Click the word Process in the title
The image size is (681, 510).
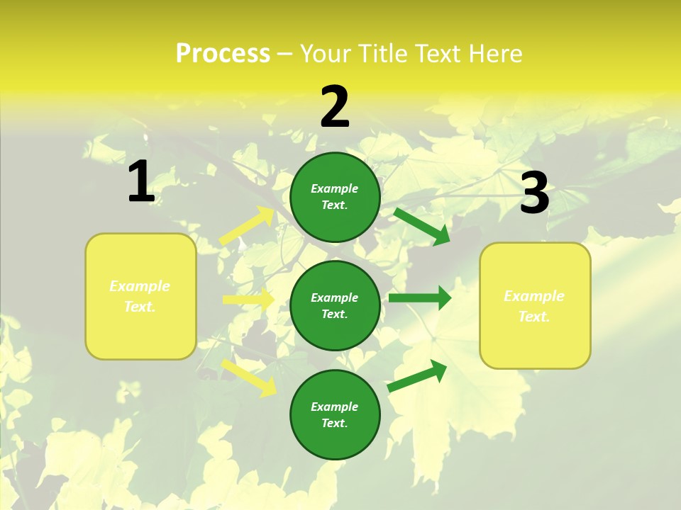pos(223,54)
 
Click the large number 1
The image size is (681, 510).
pos(141,181)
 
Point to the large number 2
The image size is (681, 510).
pos(335,107)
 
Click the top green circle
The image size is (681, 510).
pos(335,197)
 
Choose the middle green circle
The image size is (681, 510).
pos(335,305)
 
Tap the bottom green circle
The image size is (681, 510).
pos(335,414)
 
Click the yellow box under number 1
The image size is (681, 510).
pos(140,296)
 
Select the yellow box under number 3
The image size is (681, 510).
pos(535,306)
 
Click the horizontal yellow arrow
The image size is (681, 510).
pos(248,300)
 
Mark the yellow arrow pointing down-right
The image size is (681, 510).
pos(249,378)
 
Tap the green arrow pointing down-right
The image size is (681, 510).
pos(421,226)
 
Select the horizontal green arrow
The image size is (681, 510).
pos(419,297)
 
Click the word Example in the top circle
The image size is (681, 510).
pos(335,188)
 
